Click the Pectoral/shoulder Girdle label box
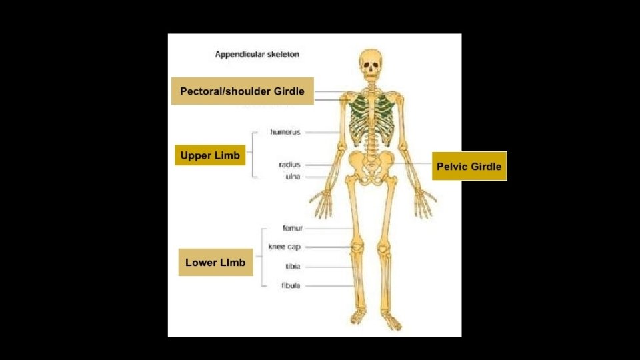(x=242, y=91)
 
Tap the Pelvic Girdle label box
(x=469, y=166)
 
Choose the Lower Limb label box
(x=215, y=262)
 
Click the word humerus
(x=285, y=132)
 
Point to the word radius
(x=289, y=164)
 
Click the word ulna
(x=292, y=177)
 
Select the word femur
(x=292, y=228)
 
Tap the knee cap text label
(x=285, y=247)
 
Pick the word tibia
(x=293, y=266)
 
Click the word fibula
(x=291, y=285)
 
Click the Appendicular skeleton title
(x=257, y=55)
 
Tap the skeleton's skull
(x=371, y=63)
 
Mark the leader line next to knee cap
(x=330, y=247)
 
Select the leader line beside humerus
(x=323, y=133)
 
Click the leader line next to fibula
(x=330, y=286)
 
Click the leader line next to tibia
(x=330, y=267)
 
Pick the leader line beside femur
(x=330, y=229)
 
